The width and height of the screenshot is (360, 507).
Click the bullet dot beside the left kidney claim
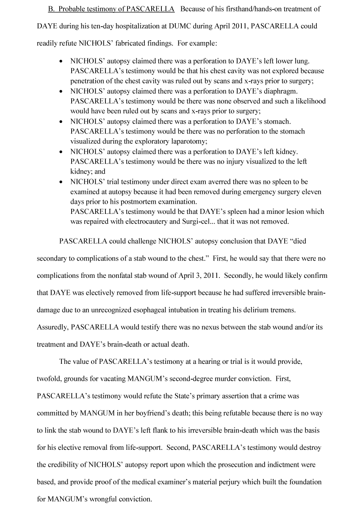tap(63, 152)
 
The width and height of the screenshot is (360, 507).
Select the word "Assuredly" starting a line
tap(52, 327)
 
